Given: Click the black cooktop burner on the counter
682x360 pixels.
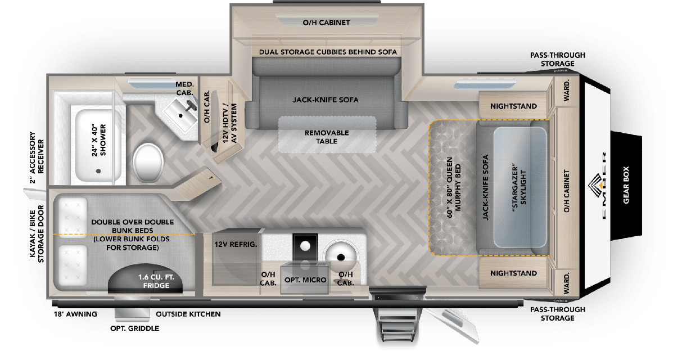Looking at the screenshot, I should tap(305, 245).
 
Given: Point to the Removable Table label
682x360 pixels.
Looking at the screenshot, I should tap(327, 137).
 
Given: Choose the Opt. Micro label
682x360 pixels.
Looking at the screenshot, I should tap(304, 280).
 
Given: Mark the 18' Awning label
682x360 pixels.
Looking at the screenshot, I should tap(75, 314).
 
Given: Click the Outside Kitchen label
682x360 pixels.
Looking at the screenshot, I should tap(188, 314).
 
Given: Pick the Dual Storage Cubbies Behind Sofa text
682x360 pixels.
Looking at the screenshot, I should tap(328, 52).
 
